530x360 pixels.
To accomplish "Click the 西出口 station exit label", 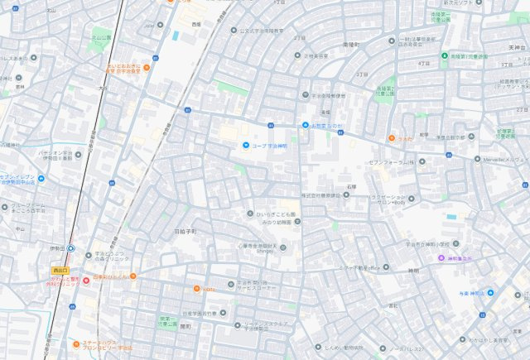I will [x=60, y=270].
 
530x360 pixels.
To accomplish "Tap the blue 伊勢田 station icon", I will [x=70, y=248].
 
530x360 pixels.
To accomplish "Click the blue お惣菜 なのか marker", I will [x=304, y=125].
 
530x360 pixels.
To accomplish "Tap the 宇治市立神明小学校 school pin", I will [x=402, y=245].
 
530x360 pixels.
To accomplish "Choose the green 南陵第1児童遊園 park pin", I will [x=443, y=55].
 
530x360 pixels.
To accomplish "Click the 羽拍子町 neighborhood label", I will [x=185, y=232].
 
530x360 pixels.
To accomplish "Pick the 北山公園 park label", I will [x=100, y=36].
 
